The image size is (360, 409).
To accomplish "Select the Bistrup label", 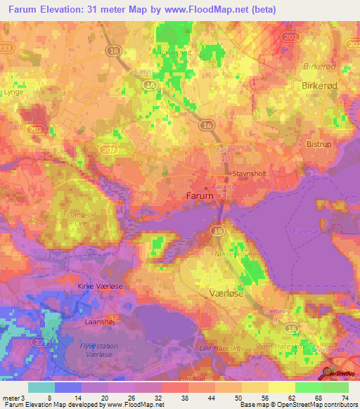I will pyautogui.click(x=319, y=143).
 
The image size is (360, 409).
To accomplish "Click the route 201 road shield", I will pyautogui.click(x=287, y=35).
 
